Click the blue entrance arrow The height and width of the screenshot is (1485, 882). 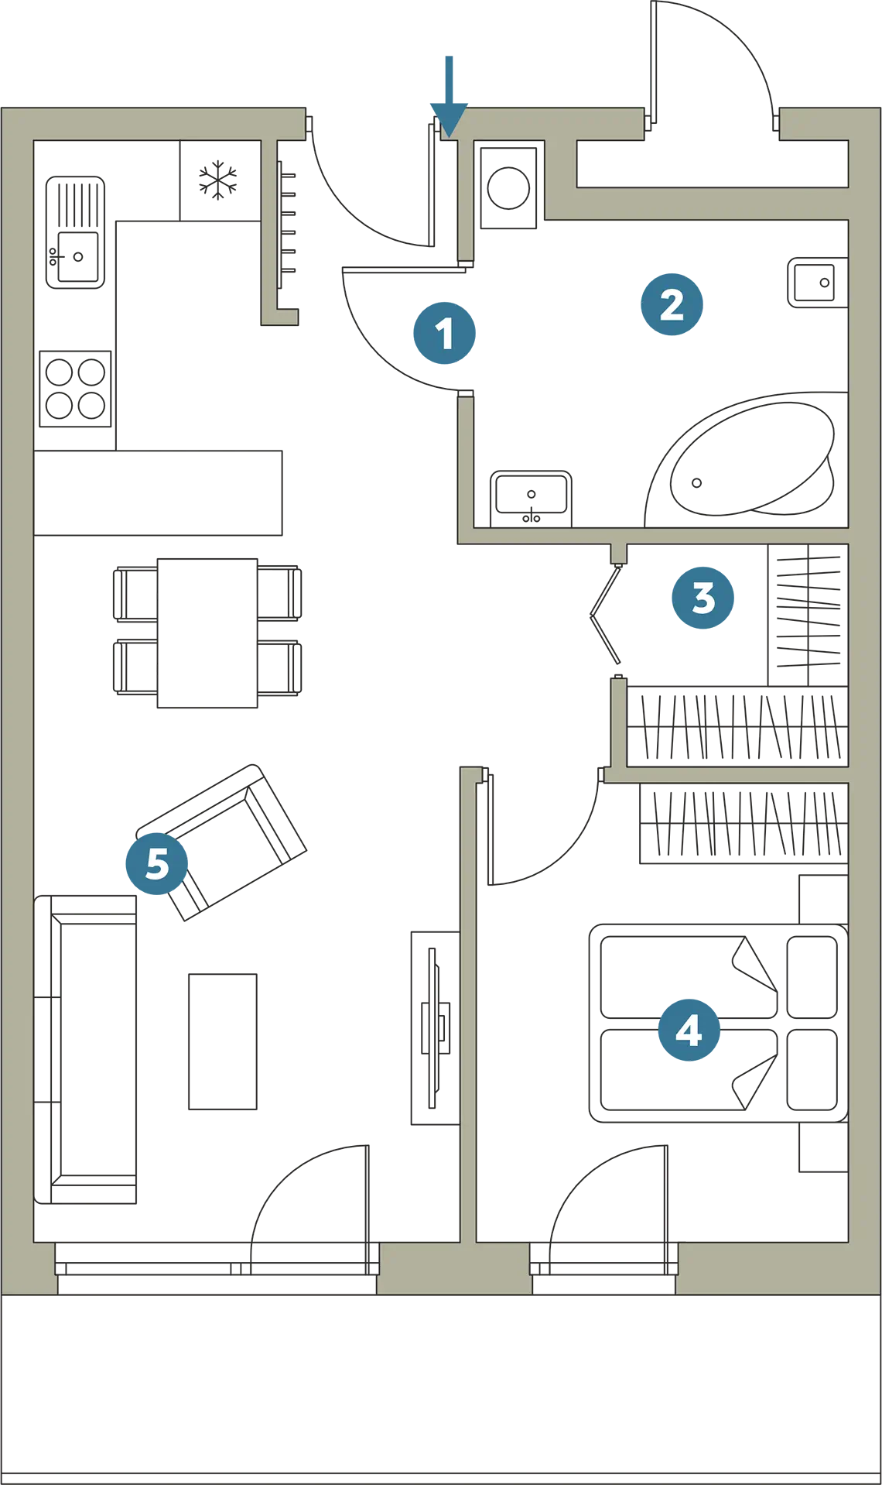[449, 97]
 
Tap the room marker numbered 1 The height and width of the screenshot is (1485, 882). [444, 333]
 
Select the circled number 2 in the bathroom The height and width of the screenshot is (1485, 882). [672, 304]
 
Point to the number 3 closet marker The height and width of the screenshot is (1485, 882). [703, 597]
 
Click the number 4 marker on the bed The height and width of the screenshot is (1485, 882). [689, 1029]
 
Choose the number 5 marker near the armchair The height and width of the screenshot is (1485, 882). [157, 863]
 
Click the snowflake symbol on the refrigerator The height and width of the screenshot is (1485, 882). [218, 180]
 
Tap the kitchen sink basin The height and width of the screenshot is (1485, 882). [78, 256]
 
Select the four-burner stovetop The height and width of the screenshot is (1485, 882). [75, 389]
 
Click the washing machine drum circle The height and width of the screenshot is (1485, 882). [508, 188]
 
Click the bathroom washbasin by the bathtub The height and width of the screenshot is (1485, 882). [532, 499]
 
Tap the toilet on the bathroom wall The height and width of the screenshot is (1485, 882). [818, 283]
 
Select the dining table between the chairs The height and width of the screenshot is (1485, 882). [207, 633]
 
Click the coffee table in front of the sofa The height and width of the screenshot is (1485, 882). [223, 1041]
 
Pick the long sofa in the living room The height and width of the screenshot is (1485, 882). [85, 1049]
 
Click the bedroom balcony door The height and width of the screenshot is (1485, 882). [608, 1208]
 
